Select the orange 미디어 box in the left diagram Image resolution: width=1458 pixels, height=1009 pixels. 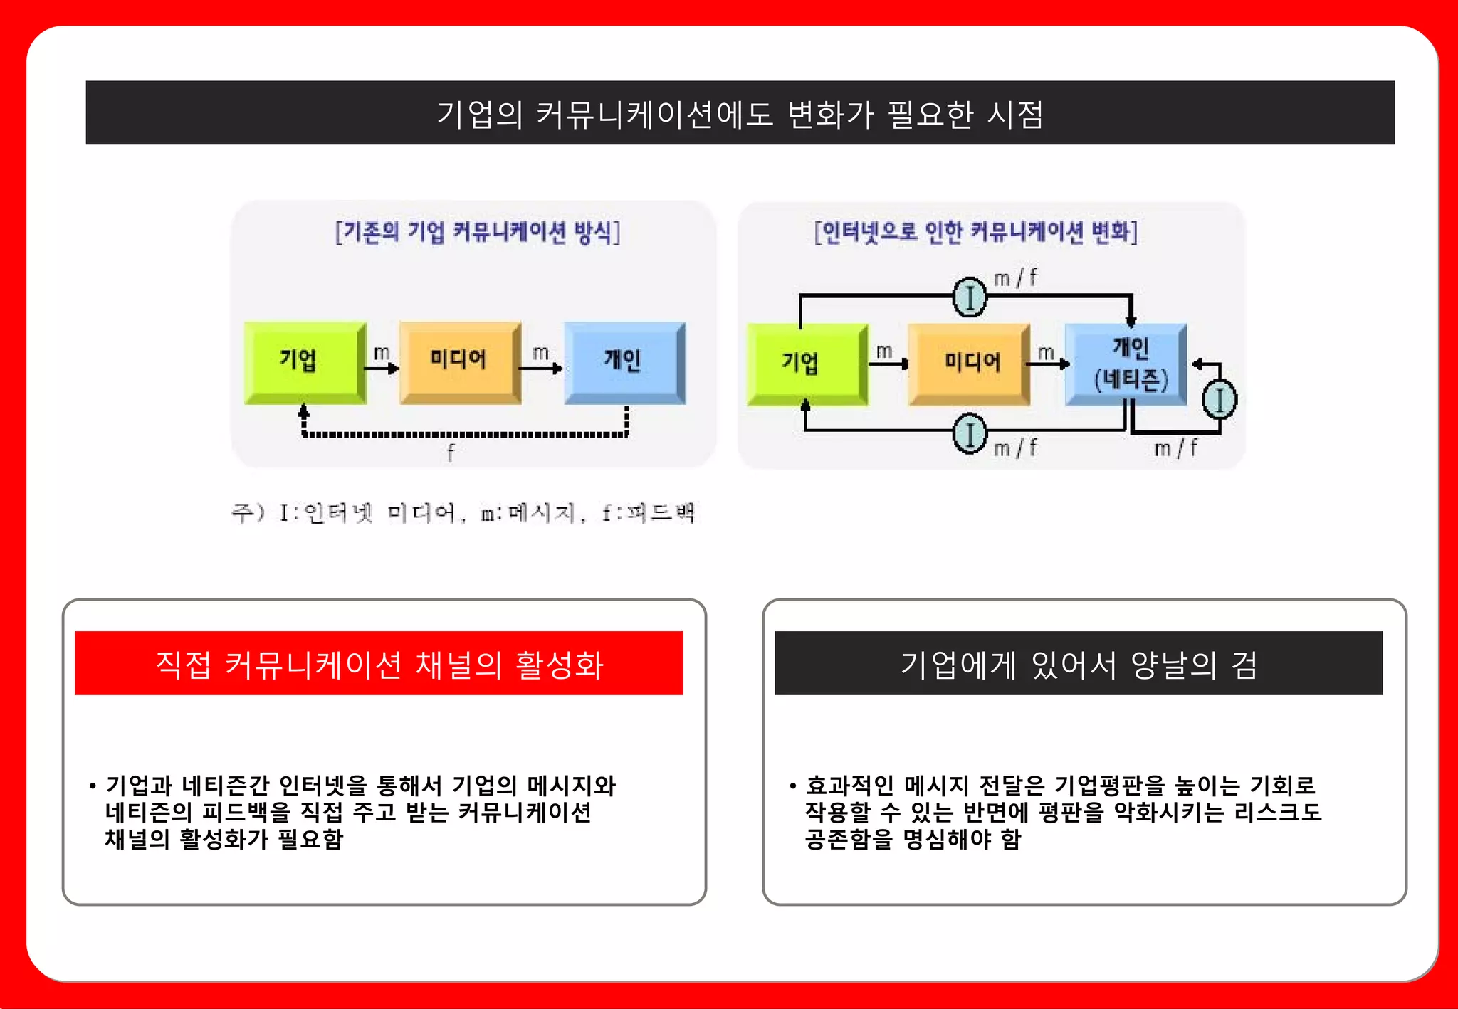point(459,361)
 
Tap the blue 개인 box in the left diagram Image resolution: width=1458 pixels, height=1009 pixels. point(624,361)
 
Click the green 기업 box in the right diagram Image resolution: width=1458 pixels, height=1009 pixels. point(805,364)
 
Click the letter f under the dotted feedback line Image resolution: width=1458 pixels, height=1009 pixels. point(451,453)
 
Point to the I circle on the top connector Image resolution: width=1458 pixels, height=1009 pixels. point(969,297)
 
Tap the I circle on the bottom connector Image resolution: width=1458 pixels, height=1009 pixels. point(969,433)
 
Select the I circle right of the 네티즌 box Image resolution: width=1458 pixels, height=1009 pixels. point(1219,400)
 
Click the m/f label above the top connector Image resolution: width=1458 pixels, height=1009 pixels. point(1015,278)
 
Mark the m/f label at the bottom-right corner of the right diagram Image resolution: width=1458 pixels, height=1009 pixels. point(1175,448)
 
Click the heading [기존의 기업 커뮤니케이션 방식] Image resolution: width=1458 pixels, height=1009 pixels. point(478,232)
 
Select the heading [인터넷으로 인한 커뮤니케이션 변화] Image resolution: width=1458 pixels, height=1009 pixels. point(976,232)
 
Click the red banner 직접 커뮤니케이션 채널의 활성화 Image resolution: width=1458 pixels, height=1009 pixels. point(379,663)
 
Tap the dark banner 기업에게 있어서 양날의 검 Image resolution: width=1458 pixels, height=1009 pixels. point(1078,663)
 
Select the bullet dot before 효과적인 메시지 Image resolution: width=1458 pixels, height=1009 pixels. point(792,786)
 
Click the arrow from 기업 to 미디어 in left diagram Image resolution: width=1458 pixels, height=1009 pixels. point(382,368)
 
